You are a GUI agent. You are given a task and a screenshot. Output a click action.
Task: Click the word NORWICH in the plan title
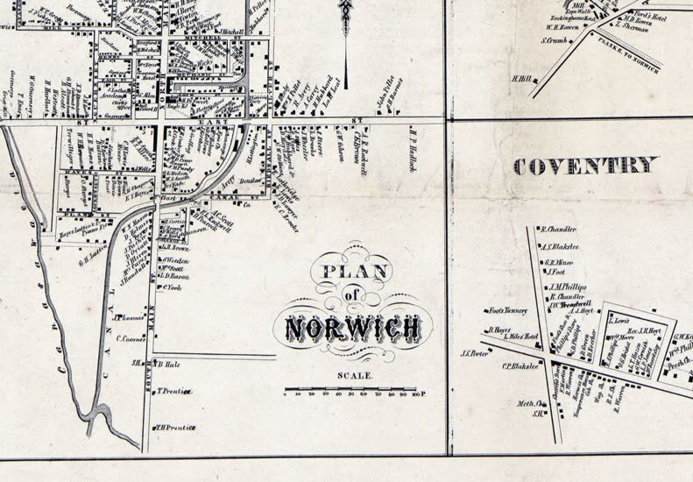pyautogui.click(x=353, y=329)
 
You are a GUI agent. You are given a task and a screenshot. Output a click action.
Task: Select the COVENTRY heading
pyautogui.click(x=584, y=166)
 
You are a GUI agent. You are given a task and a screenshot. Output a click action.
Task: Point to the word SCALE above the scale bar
pyautogui.click(x=355, y=376)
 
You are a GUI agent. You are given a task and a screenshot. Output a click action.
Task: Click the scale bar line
pyautogui.click(x=353, y=388)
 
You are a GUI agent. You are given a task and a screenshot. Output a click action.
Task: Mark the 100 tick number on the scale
pyautogui.click(x=417, y=394)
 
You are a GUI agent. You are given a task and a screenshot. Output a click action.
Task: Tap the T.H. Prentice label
pyautogui.click(x=175, y=428)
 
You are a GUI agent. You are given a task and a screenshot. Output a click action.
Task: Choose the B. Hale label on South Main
pyautogui.click(x=168, y=363)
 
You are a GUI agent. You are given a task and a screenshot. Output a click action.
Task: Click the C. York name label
pyautogui.click(x=172, y=287)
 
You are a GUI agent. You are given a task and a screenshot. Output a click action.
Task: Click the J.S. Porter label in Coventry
pyautogui.click(x=474, y=353)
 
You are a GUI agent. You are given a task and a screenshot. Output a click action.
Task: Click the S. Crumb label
pyautogui.click(x=555, y=40)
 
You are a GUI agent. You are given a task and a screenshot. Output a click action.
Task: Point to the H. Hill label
pyautogui.click(x=522, y=78)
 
